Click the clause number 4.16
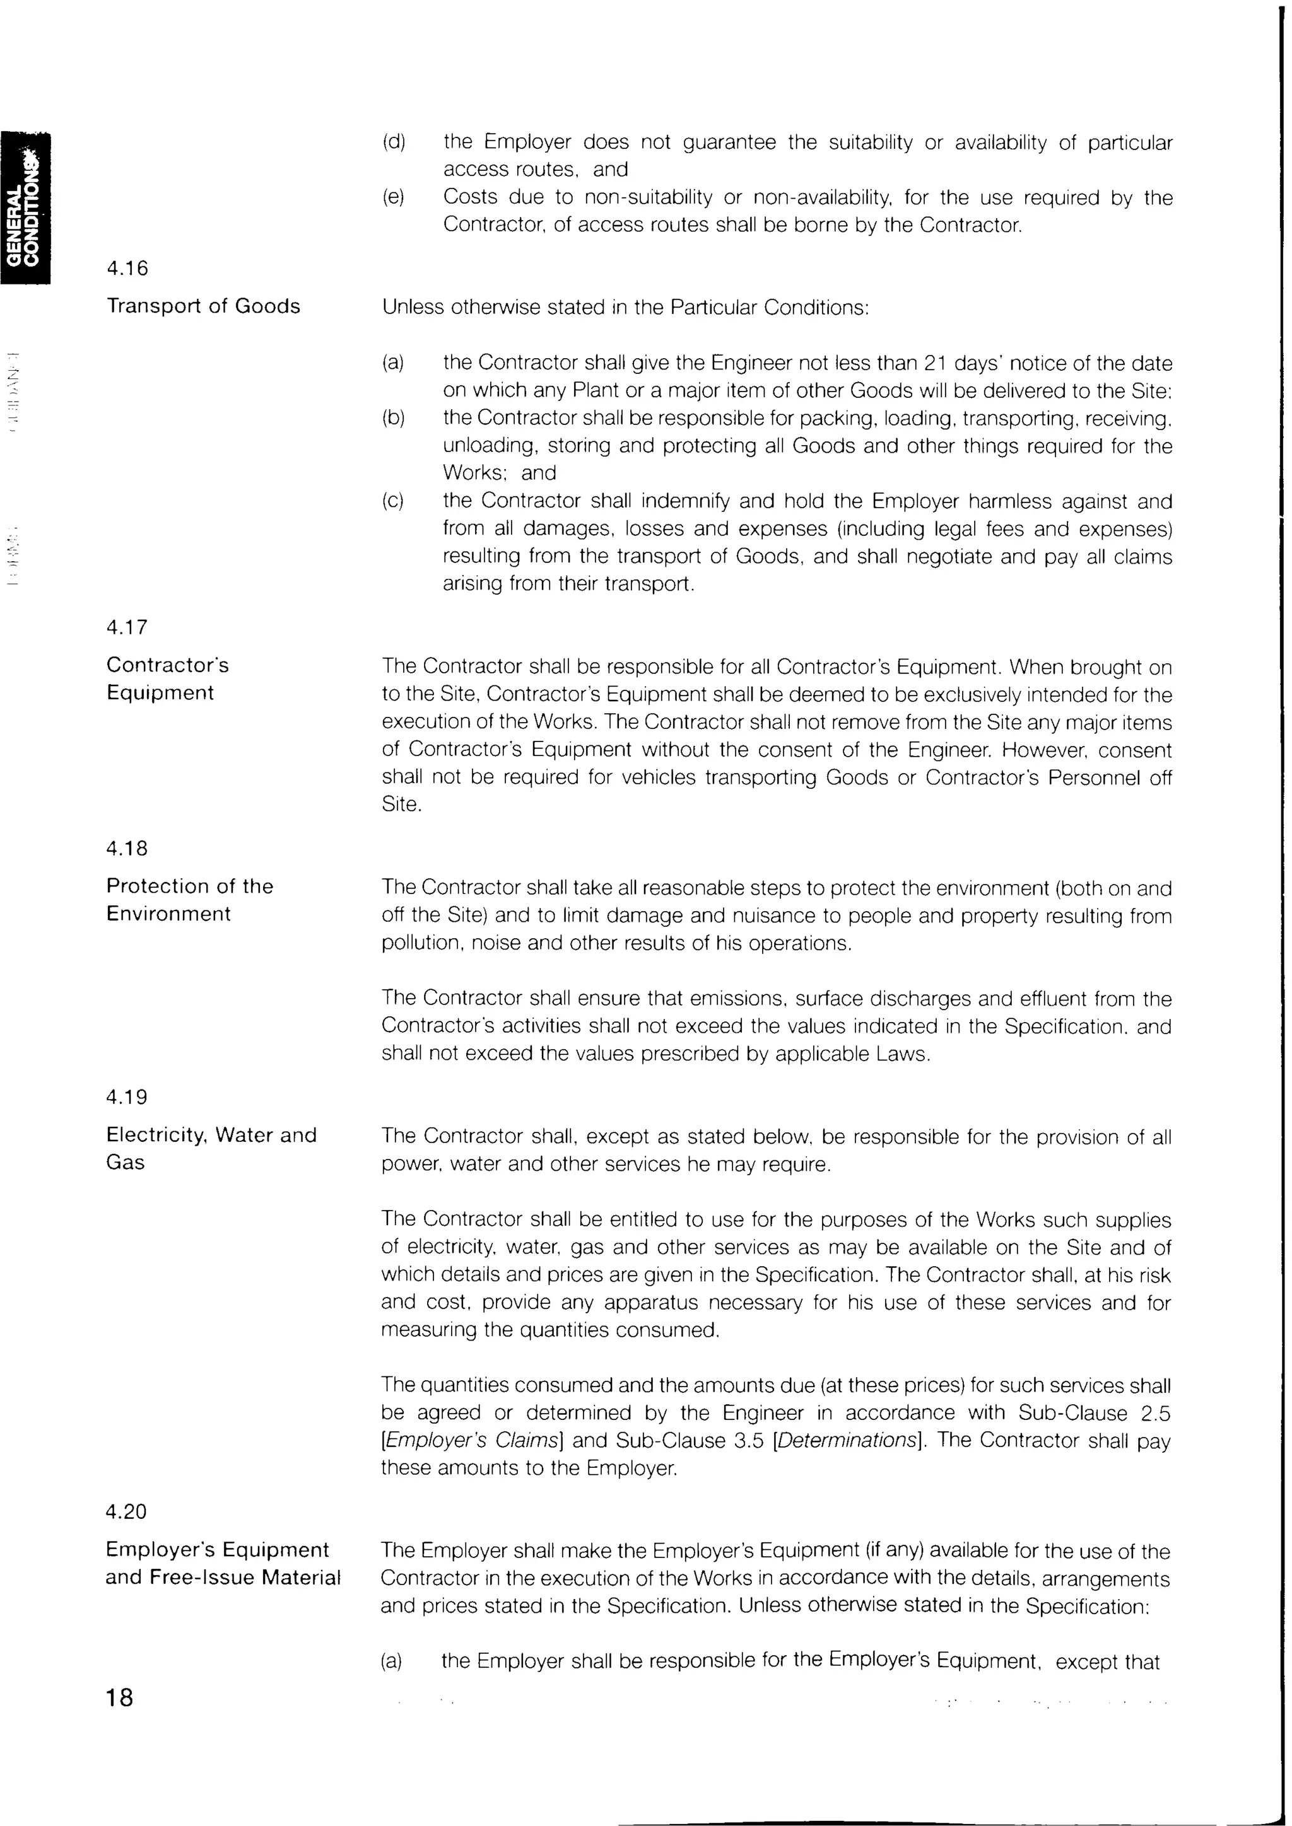pos(127,269)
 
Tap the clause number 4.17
pos(127,627)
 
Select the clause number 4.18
pos(127,849)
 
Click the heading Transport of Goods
pos(204,306)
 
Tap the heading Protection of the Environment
pos(189,900)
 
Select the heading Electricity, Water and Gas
pos(211,1148)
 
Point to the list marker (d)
pos(394,142)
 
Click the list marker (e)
pos(394,197)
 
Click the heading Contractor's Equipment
pos(167,678)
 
